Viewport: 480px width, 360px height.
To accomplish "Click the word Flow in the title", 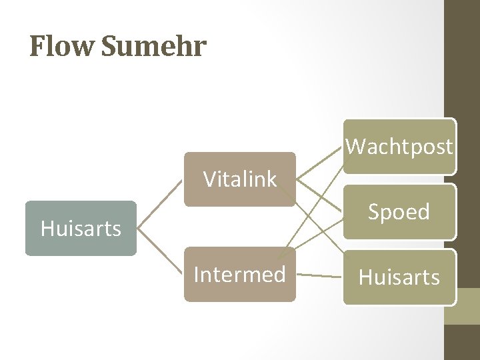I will click(57, 47).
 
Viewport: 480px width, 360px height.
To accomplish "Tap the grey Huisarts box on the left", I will click(81, 229).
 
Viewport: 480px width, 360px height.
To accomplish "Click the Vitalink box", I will click(239, 179).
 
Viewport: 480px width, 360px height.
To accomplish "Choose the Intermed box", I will click(239, 274).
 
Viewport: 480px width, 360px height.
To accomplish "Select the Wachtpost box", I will click(399, 146).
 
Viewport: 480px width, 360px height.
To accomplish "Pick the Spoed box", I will click(399, 211).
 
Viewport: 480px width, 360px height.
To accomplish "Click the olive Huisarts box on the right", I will click(399, 277).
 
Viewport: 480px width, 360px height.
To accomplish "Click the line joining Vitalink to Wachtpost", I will click(320, 162).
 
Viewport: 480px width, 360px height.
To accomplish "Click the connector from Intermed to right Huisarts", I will click(319, 275).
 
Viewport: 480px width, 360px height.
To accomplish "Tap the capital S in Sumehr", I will click(112, 47).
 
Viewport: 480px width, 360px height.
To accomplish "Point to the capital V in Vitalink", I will click(211, 179).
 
